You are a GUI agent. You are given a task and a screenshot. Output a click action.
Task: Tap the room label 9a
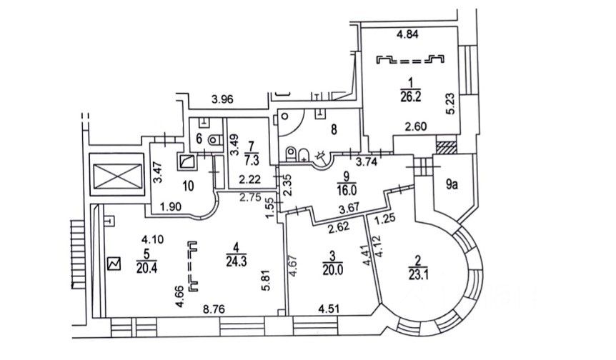point(451,185)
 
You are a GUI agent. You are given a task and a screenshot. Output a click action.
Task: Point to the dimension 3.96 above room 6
point(223,100)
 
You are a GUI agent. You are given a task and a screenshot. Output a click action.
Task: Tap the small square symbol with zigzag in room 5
point(113,263)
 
